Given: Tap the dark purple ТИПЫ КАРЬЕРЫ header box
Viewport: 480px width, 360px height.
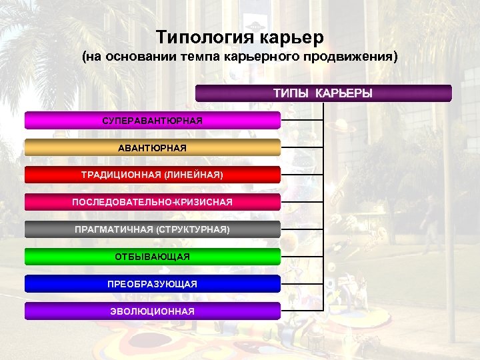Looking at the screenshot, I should (323, 93).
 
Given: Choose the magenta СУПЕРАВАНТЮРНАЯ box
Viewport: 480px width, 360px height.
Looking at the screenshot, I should (153, 120).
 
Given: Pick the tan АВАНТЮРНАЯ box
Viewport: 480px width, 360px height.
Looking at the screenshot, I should (153, 147).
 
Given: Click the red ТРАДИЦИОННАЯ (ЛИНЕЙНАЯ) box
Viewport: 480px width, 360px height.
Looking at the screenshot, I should (153, 175).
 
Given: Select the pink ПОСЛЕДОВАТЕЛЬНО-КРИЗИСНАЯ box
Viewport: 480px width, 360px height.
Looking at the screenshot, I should (153, 202).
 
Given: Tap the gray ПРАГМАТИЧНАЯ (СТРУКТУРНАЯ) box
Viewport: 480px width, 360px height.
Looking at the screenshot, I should (153, 229).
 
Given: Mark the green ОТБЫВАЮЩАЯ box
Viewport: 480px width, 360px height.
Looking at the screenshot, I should (153, 257).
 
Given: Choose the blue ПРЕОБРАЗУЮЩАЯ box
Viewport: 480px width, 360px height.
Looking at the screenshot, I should (153, 284).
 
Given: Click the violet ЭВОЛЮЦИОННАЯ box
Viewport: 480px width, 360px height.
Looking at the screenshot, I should (153, 311).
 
